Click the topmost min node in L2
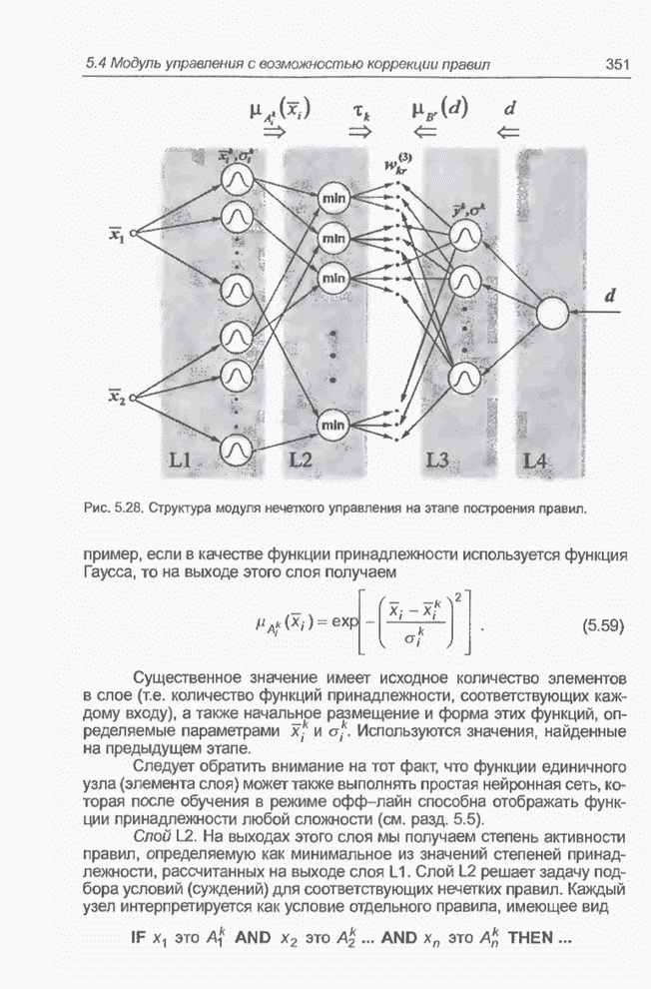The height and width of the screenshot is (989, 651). click(333, 201)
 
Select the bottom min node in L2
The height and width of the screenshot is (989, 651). click(333, 426)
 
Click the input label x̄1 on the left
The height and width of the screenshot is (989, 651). click(118, 236)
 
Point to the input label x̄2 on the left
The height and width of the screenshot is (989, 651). click(118, 398)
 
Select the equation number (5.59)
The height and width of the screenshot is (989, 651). click(601, 627)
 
